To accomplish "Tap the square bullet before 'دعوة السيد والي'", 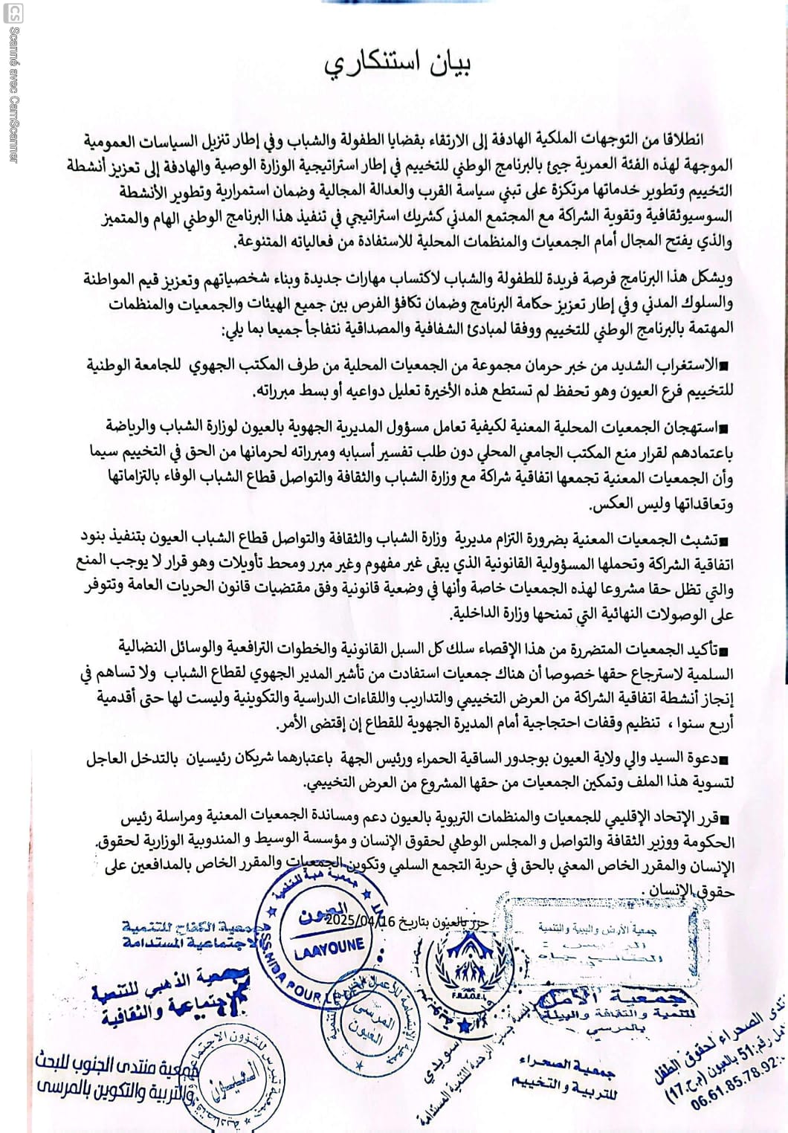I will pos(726,758).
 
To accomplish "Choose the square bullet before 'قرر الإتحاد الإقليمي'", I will pos(726,819).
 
